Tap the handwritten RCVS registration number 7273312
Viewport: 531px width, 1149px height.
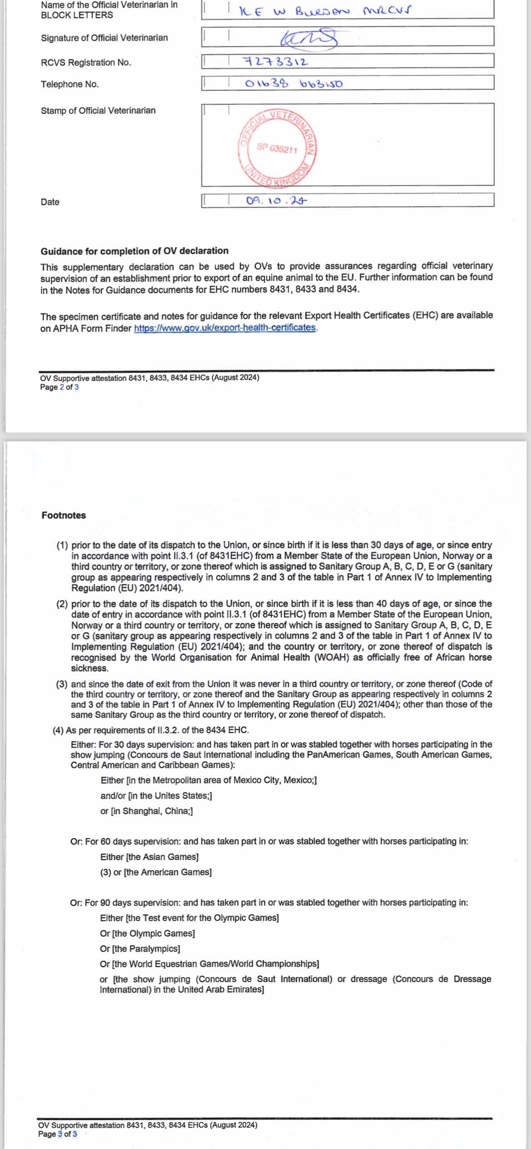(276, 61)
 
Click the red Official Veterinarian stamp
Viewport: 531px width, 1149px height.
(277, 148)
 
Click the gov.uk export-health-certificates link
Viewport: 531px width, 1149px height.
(225, 327)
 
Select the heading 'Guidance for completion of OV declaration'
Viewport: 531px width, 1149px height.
(134, 251)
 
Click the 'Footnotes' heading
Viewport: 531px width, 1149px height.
(64, 515)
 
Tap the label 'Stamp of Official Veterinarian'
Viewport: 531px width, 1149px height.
(98, 110)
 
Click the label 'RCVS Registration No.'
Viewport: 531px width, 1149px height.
(86, 63)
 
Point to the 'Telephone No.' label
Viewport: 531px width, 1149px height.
(69, 84)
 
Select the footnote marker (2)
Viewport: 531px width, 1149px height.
(62, 604)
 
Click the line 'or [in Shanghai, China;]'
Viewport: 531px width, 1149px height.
(147, 811)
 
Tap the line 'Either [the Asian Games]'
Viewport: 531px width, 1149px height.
(149, 857)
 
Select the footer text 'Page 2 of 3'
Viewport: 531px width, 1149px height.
(59, 387)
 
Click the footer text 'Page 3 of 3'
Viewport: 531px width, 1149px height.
(57, 1134)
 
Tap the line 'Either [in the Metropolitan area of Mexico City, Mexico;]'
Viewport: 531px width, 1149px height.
(208, 780)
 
